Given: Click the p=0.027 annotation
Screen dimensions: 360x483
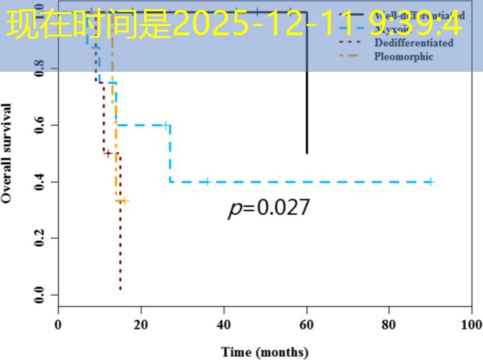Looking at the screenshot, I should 269,208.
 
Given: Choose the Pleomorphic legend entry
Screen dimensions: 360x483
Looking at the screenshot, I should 403,57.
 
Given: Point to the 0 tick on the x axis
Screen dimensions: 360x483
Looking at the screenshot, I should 59,325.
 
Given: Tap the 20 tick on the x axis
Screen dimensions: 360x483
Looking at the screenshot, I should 141,325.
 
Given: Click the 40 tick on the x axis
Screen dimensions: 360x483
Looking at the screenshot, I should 224,325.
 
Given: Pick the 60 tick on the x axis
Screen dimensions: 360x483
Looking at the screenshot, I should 306,325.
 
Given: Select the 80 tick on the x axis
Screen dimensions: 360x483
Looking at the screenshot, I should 389,325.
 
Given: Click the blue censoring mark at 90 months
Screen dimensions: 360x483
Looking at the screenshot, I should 430,182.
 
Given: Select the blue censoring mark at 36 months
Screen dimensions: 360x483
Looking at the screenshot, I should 207,182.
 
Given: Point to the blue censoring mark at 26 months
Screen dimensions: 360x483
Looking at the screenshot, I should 166,125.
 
